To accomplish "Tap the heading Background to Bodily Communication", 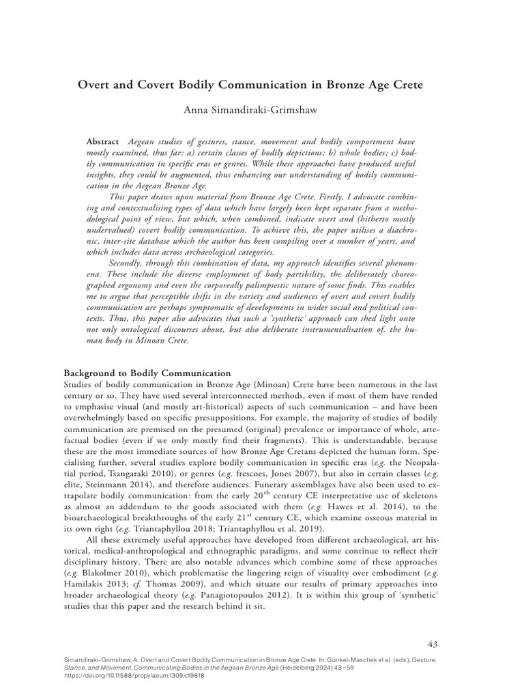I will pyautogui.click(x=147, y=373).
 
